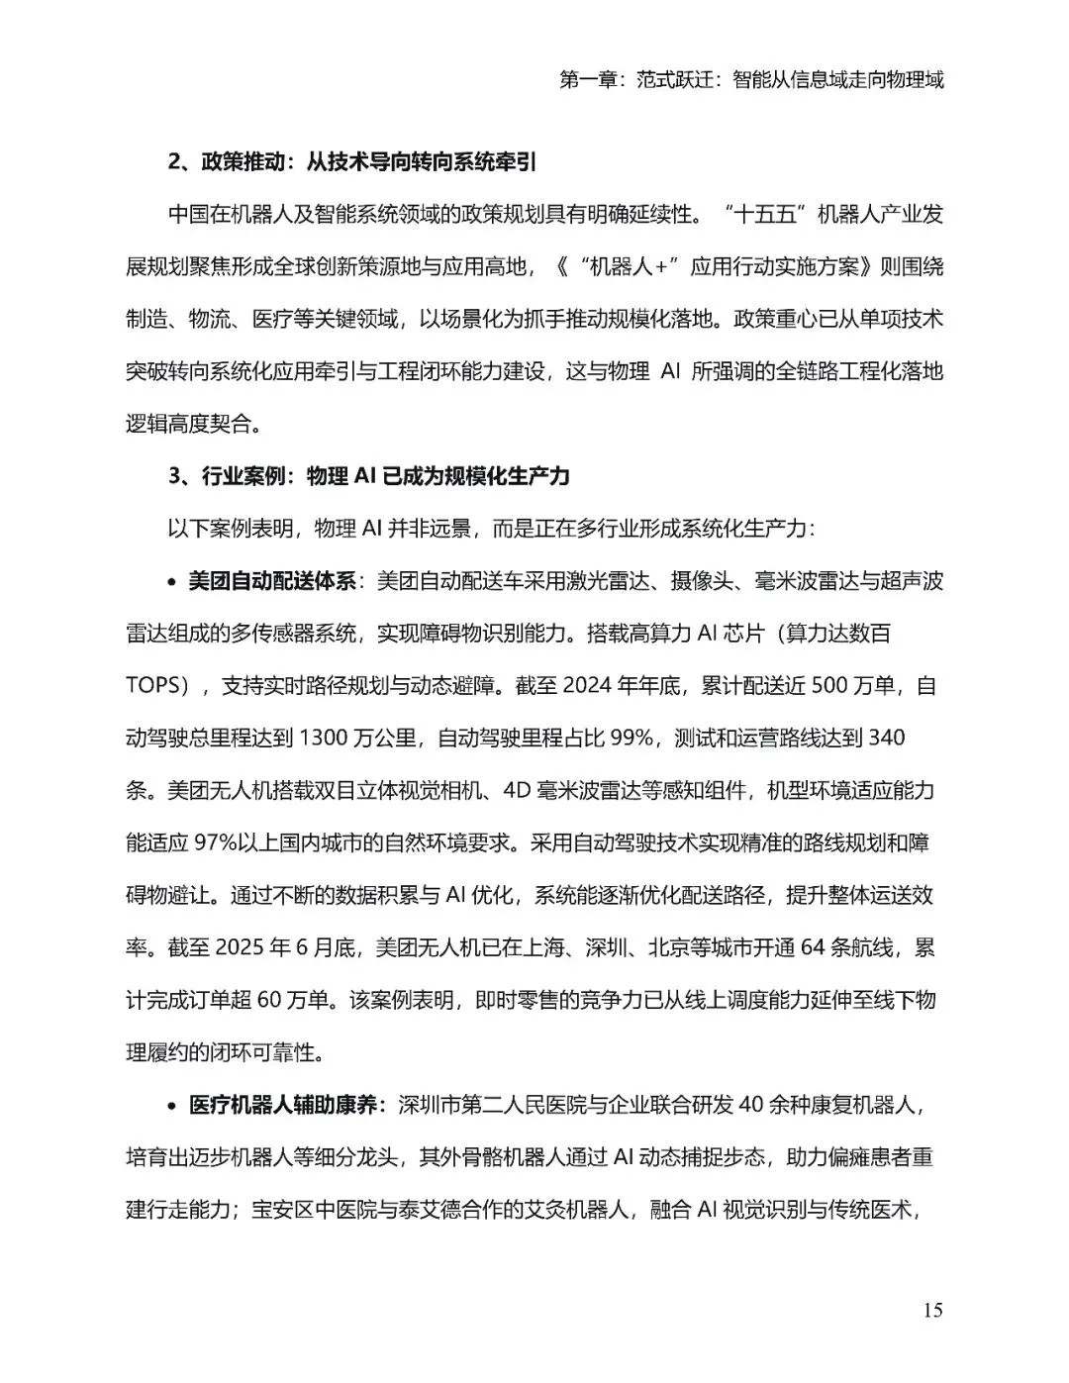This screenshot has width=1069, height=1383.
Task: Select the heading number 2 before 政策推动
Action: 174,161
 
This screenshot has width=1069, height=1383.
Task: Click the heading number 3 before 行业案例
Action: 174,476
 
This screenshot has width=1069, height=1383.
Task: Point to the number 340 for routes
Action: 886,739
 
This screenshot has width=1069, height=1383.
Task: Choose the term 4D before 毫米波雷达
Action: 519,791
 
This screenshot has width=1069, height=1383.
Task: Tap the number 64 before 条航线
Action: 812,948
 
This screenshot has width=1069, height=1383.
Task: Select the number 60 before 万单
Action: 270,1000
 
